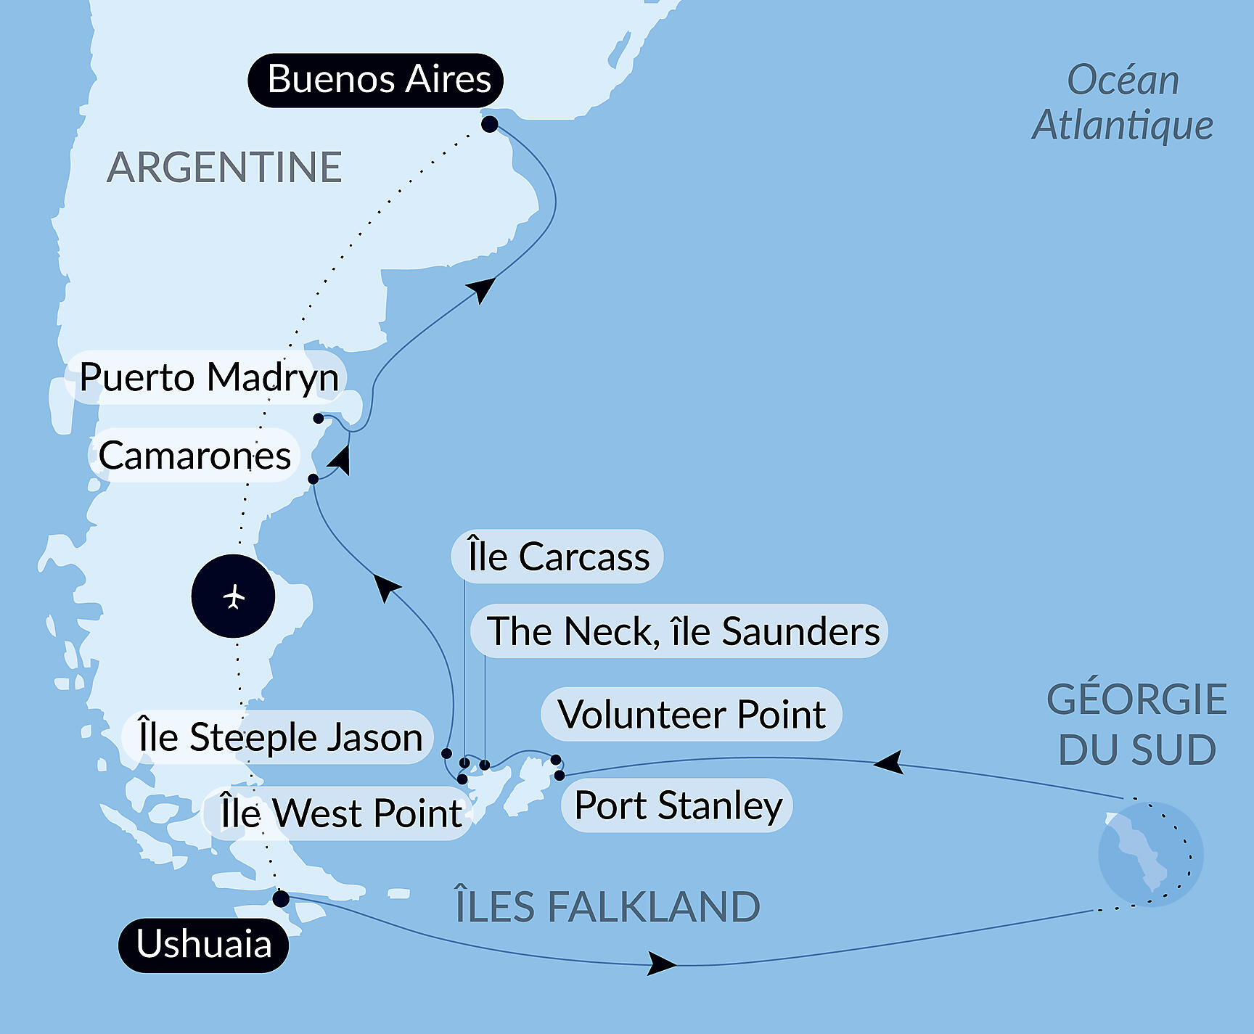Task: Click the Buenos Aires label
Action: (376, 80)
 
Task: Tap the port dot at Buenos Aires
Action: (490, 124)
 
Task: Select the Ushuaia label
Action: (204, 945)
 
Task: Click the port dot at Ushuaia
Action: (281, 899)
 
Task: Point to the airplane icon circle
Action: (233, 596)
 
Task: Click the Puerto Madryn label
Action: (207, 377)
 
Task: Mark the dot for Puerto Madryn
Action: (319, 418)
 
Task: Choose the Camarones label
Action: (194, 456)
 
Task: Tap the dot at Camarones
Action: (313, 479)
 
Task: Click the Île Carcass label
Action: (557, 557)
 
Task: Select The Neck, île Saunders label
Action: (680, 631)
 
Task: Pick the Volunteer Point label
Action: (692, 715)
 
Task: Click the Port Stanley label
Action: (677, 805)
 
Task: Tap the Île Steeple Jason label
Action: (279, 737)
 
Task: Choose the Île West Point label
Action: (340, 813)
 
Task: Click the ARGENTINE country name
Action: (224, 168)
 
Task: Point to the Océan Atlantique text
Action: (1123, 102)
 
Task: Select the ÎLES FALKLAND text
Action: (607, 907)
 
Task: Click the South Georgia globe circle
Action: (1151, 854)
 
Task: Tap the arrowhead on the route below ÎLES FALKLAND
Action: (662, 964)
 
